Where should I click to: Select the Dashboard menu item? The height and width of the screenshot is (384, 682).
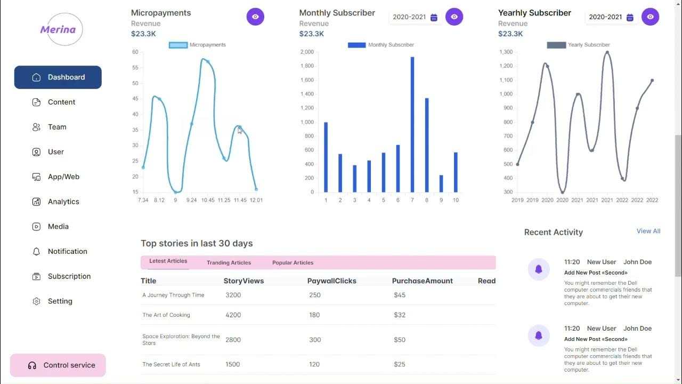pos(58,77)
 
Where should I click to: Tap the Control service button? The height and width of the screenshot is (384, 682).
pos(58,365)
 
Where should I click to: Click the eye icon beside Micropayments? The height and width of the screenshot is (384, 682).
pos(255,17)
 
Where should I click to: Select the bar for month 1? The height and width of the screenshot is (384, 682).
pos(326,157)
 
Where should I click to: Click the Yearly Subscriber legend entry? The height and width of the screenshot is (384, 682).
pos(578,45)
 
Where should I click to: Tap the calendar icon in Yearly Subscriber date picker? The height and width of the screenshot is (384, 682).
pos(630,17)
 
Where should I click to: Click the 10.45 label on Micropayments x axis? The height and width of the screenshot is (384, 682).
pos(208,200)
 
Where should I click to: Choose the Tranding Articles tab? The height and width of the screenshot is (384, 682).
pos(229,262)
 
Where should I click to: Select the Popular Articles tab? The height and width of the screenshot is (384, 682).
pos(293,262)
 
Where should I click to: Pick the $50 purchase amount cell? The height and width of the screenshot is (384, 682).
pos(400,340)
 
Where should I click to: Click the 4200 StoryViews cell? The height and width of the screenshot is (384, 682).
pos(233,315)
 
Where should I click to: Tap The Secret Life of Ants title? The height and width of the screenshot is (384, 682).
pos(171,364)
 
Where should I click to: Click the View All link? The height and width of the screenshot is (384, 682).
pos(648,231)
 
